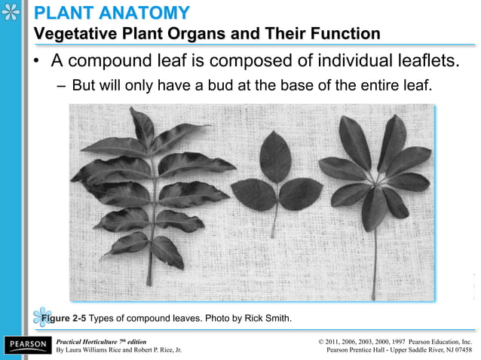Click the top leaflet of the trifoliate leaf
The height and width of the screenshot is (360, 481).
tap(276, 155)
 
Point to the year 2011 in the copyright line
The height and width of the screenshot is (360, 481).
tap(339, 341)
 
